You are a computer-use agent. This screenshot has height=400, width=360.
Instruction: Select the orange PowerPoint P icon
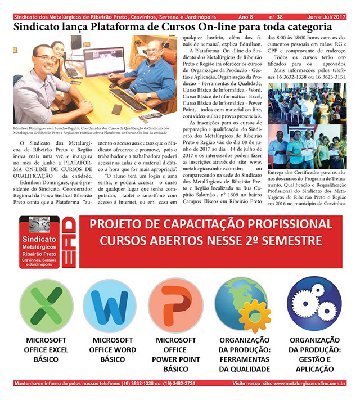click(175, 307)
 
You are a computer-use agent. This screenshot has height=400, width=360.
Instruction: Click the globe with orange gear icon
click(243, 307)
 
